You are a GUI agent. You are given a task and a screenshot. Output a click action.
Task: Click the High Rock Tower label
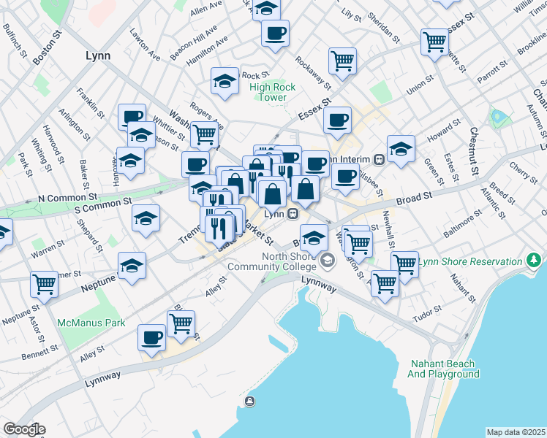[273, 92]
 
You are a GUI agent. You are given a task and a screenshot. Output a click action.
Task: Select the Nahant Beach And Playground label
[443, 369]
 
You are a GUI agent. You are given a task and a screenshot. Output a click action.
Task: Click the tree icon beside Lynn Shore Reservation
[535, 261]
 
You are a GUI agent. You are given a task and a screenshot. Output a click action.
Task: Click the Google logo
[23, 429]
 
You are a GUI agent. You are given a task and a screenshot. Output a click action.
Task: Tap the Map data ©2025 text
[516, 432]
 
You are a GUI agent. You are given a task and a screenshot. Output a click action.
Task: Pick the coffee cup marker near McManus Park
[152, 337]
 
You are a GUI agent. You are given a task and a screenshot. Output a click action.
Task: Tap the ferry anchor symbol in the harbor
[250, 400]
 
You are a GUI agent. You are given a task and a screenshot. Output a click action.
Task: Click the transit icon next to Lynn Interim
[379, 159]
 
